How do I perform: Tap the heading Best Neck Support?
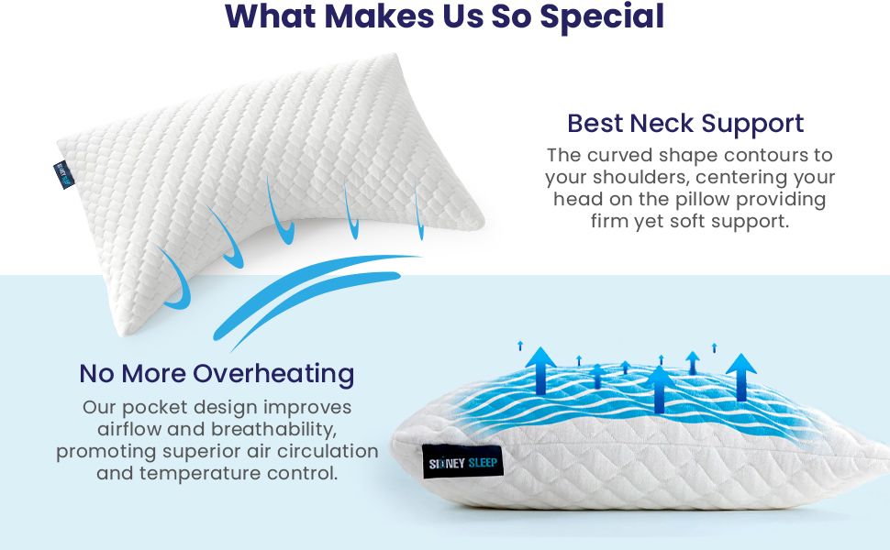[685, 123]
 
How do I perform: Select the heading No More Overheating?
[217, 374]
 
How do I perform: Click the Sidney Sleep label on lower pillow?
[462, 463]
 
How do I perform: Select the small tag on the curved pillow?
[63, 173]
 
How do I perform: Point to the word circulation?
[328, 451]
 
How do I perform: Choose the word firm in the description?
[610, 221]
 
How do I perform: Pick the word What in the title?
[268, 16]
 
